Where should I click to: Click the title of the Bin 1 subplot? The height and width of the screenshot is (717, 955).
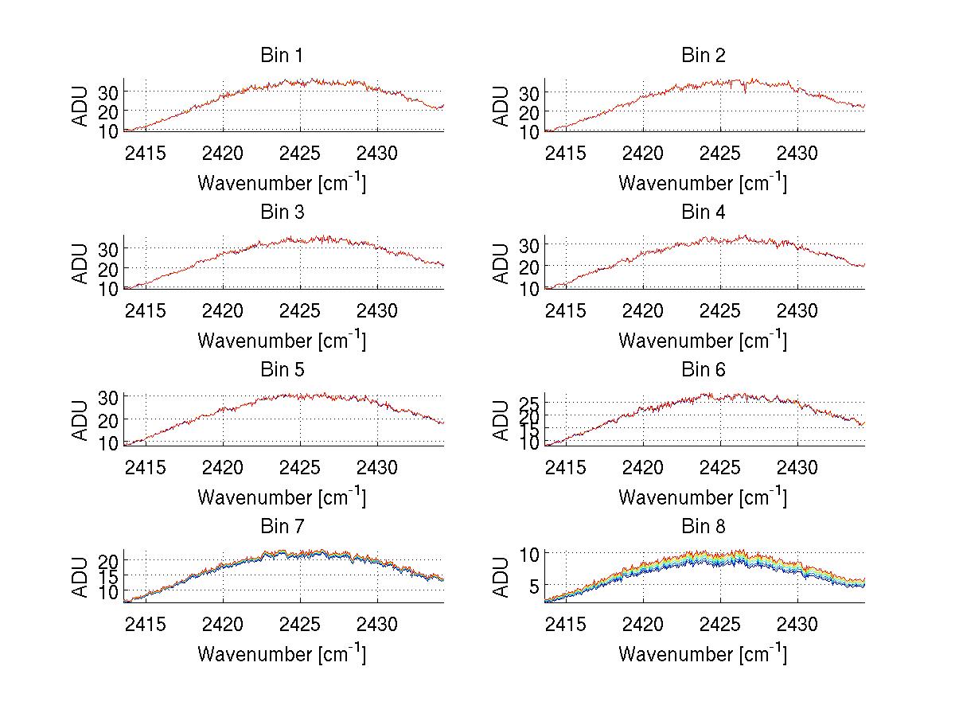[282, 56]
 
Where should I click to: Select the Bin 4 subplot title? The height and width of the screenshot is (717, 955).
[704, 212]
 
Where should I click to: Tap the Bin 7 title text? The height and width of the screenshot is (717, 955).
[282, 526]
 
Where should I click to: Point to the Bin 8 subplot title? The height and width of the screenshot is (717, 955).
[704, 526]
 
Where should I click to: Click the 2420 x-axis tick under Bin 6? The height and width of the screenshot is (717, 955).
[642, 466]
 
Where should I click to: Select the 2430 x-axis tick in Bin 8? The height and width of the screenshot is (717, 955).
[798, 623]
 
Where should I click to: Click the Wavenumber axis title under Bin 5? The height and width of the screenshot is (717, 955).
[282, 497]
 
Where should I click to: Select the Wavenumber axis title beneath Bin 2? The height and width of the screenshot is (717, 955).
[703, 183]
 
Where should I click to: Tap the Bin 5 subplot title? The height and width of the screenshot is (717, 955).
[282, 369]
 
